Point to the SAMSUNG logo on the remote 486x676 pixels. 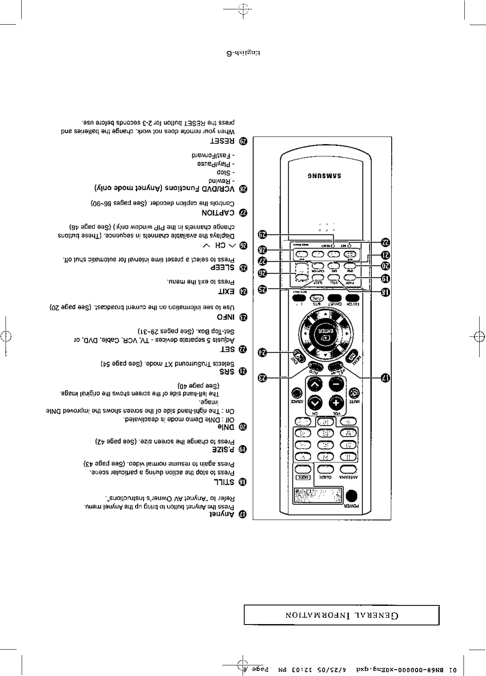coord(325,176)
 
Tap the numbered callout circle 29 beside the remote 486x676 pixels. coord(263,234)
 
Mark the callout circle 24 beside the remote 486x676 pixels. coord(263,352)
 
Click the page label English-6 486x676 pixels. coord(243,54)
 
